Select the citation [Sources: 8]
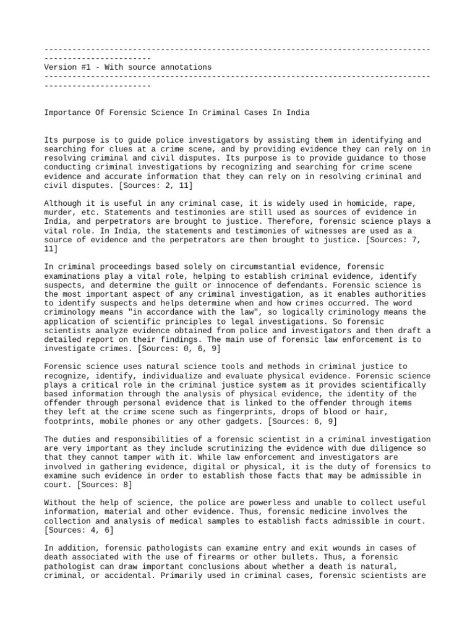[98, 485]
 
